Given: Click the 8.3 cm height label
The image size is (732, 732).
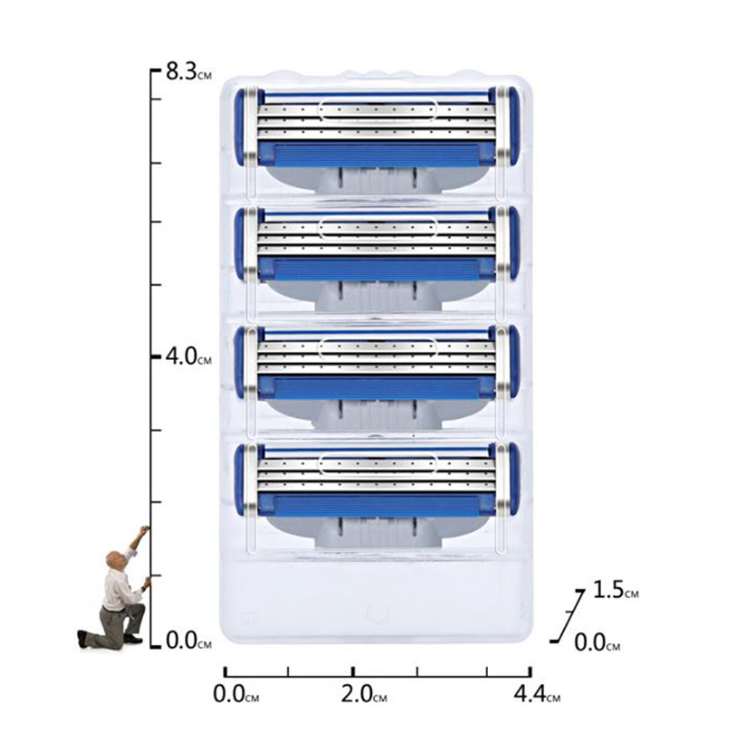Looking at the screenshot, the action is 188,73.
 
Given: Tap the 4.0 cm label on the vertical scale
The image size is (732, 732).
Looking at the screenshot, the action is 188,357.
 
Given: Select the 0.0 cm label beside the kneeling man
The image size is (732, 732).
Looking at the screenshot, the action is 188,641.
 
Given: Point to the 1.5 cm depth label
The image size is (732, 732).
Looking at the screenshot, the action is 615,590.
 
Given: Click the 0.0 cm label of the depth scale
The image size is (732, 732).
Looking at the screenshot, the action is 597,643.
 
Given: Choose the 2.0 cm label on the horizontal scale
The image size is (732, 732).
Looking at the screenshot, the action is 364,694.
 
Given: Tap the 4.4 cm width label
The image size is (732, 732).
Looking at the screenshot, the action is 537,694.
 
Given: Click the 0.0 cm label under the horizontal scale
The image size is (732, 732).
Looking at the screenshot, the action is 236,694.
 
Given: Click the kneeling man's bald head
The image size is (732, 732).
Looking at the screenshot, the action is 115,560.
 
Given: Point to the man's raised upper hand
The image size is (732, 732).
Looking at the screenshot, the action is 145,530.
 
